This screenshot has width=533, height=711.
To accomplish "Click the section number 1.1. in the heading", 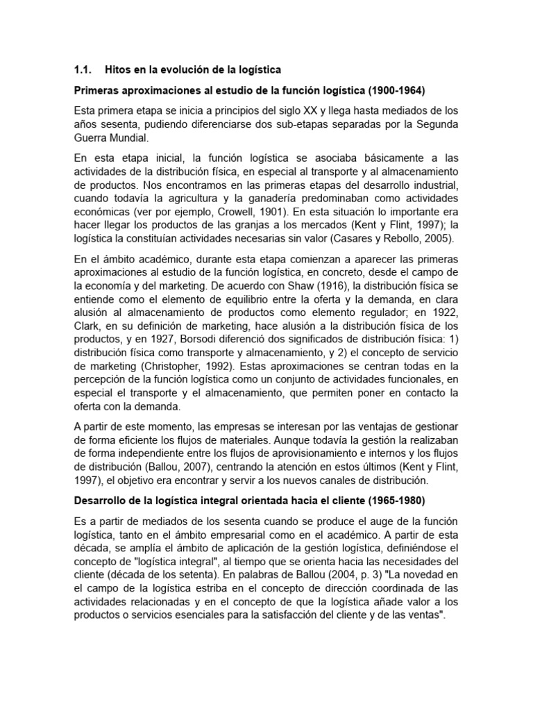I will click(x=83, y=70).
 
